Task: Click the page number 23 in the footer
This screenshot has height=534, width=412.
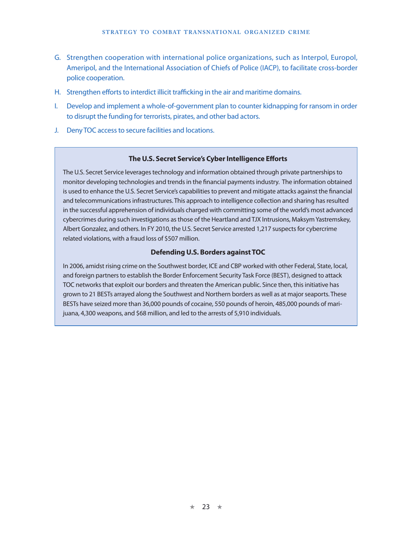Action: click(206, 507)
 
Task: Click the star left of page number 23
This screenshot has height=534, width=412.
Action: click(192, 507)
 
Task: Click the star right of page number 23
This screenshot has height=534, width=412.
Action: click(219, 507)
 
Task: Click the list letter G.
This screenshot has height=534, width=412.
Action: click(57, 57)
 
